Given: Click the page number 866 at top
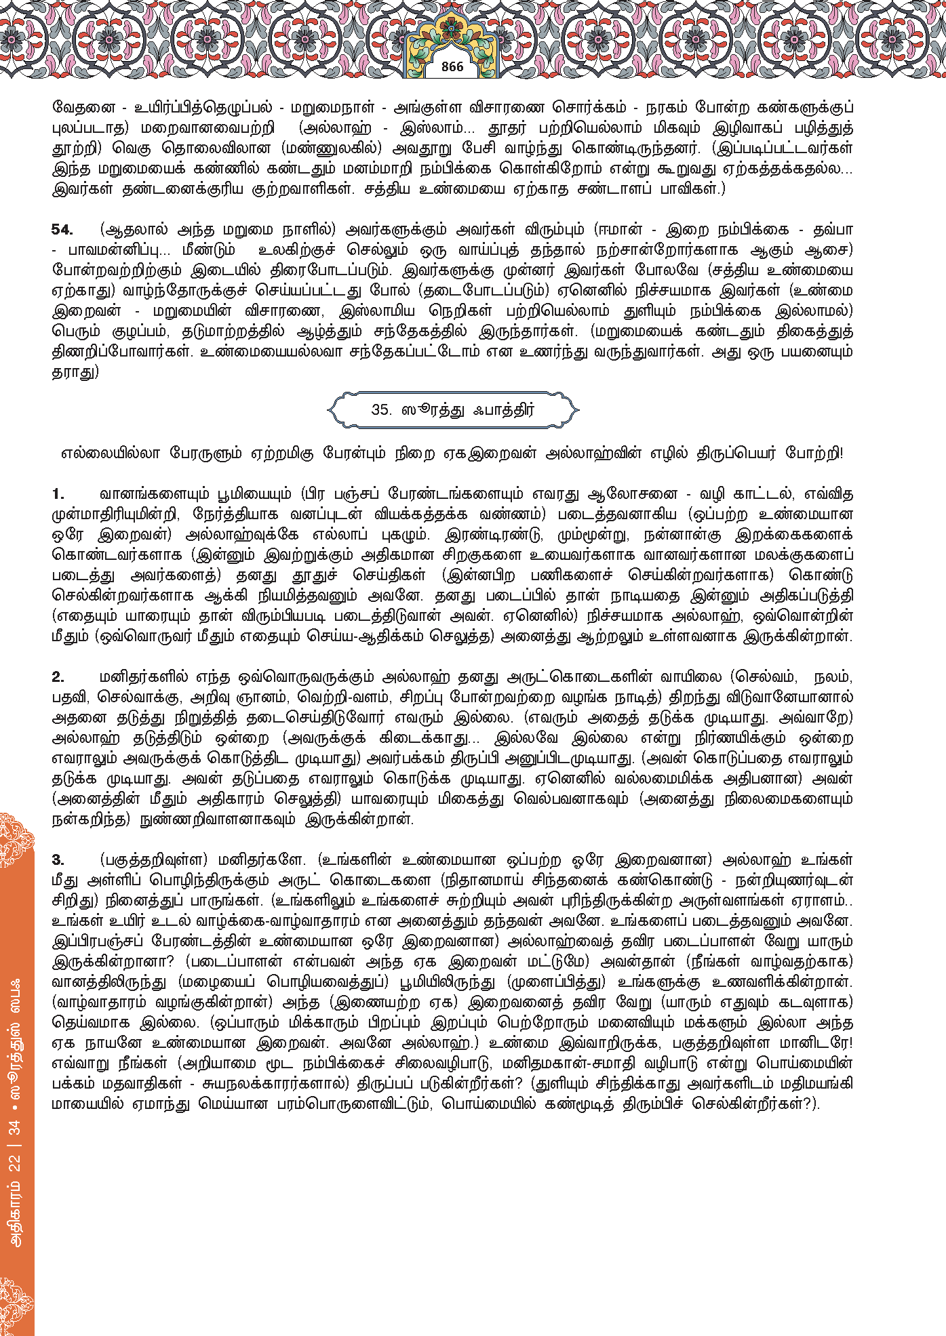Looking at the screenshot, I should tap(452, 66).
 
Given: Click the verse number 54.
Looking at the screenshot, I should tap(62, 230).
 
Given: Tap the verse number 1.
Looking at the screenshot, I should tap(58, 494).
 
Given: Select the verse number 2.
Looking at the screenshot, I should tap(58, 677).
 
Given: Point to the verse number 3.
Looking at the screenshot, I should tap(58, 860).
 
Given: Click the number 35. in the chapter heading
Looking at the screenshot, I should tap(381, 409).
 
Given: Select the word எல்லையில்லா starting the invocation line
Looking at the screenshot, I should tap(109, 453).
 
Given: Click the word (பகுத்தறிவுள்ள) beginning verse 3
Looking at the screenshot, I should tap(153, 860).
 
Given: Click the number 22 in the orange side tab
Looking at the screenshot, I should tap(15, 1164).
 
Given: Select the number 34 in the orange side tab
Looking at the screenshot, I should tap(15, 1127).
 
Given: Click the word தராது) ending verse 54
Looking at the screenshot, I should tap(75, 372).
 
